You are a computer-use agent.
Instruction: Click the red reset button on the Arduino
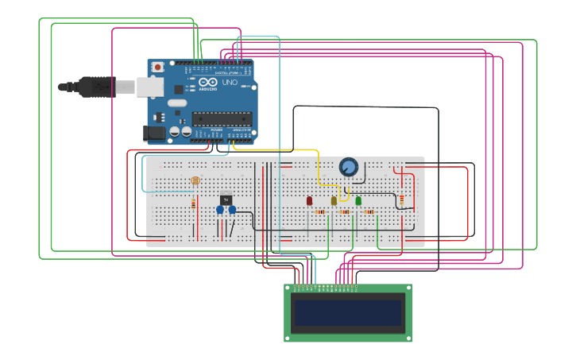[x=157, y=68]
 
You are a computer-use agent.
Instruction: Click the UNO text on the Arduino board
[x=229, y=83]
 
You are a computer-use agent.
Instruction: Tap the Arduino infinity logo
[x=208, y=83]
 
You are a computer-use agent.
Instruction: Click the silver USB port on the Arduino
[x=149, y=87]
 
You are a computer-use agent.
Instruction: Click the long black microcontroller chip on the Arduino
[x=222, y=119]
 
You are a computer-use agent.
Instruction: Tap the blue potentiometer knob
[x=348, y=167]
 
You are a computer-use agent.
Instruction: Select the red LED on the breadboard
[x=309, y=201]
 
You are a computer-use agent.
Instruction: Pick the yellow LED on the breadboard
[x=334, y=201]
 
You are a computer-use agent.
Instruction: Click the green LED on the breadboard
[x=358, y=201]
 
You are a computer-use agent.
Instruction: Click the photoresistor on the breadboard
[x=195, y=181]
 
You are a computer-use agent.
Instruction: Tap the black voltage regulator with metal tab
[x=226, y=199]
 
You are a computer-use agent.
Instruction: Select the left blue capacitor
[x=220, y=210]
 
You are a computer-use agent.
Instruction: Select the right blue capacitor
[x=232, y=210]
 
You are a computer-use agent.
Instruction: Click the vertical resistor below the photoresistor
[x=193, y=205]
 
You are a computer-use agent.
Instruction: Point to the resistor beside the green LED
[x=369, y=212]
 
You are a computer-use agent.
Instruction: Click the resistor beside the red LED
[x=320, y=212]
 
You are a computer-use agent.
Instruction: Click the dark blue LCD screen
[x=348, y=312]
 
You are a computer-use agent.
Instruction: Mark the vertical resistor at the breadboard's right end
[x=401, y=199]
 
